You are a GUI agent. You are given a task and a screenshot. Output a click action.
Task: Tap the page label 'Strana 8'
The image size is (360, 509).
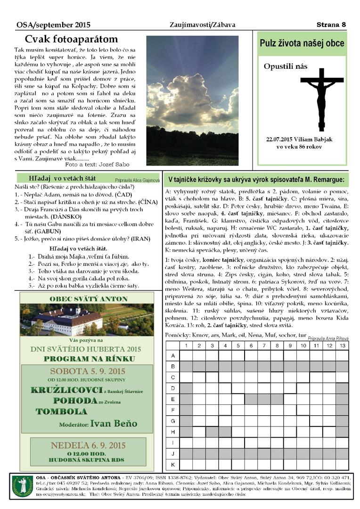coord(331,25)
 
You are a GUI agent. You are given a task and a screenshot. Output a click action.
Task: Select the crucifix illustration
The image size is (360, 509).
coord(322,94)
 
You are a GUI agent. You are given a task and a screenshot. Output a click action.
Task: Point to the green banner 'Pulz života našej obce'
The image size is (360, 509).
coord(302,44)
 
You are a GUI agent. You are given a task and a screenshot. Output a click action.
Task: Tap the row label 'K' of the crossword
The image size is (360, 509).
coord(173,464)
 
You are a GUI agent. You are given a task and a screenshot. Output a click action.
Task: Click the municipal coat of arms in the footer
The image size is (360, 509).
coord(22,486)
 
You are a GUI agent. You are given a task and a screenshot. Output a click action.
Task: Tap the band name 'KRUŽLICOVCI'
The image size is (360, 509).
coord(66,390)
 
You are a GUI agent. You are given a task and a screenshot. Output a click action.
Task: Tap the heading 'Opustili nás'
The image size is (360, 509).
coord(283,66)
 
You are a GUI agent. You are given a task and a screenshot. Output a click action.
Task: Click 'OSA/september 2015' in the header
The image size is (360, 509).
coord(53,25)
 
